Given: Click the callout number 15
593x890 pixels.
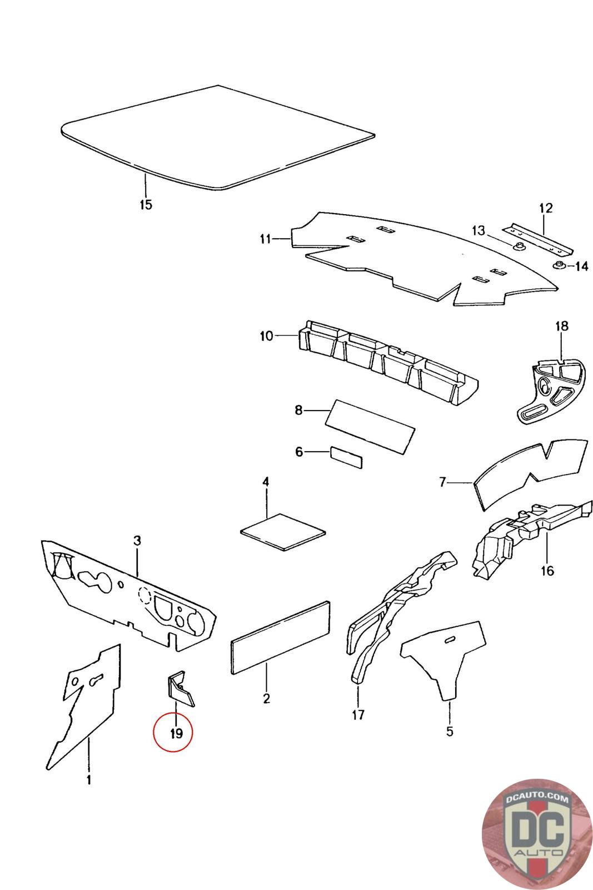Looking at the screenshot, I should click(x=145, y=204).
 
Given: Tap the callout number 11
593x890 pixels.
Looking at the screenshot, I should click(x=265, y=239).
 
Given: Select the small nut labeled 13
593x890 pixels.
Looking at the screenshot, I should click(x=520, y=246).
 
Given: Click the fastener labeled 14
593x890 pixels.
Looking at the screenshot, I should click(x=559, y=264).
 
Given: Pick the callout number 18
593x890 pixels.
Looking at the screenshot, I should click(x=562, y=326).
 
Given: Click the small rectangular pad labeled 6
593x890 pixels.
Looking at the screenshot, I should click(x=346, y=456).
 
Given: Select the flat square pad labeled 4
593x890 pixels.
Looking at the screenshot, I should click(x=283, y=532).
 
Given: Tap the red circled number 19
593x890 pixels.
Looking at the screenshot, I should click(x=176, y=734).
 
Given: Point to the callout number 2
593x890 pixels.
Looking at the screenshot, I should click(x=266, y=699).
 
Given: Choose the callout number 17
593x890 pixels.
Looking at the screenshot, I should click(x=358, y=715).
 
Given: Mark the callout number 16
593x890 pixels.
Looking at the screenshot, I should click(x=547, y=571).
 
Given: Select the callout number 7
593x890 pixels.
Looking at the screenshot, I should click(x=442, y=482).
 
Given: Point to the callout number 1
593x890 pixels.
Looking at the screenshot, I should click(x=88, y=780).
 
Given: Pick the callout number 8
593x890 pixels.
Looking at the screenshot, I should click(x=298, y=411).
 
